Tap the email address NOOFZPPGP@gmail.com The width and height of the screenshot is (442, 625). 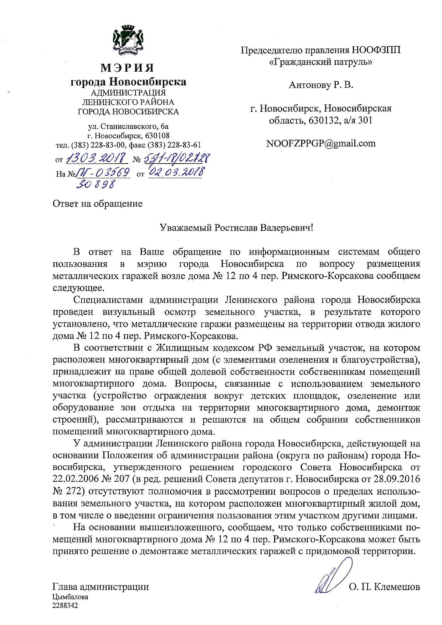click(x=321, y=143)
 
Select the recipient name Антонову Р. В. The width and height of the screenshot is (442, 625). click(x=321, y=85)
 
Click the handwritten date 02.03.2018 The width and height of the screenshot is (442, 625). click(x=175, y=172)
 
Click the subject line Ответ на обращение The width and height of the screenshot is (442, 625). click(x=98, y=204)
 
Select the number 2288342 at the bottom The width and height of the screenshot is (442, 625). click(x=65, y=605)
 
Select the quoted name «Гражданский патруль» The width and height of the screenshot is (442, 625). click(x=320, y=62)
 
